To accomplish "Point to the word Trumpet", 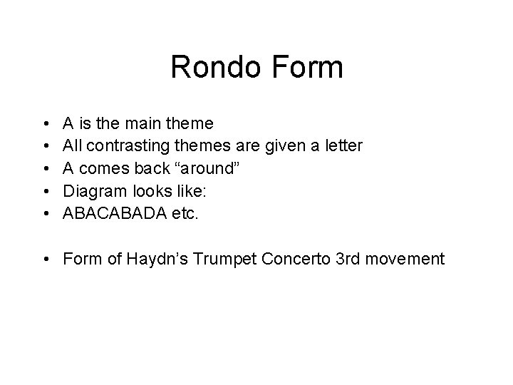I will click(207, 257).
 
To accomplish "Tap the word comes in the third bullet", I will click(102, 168).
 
